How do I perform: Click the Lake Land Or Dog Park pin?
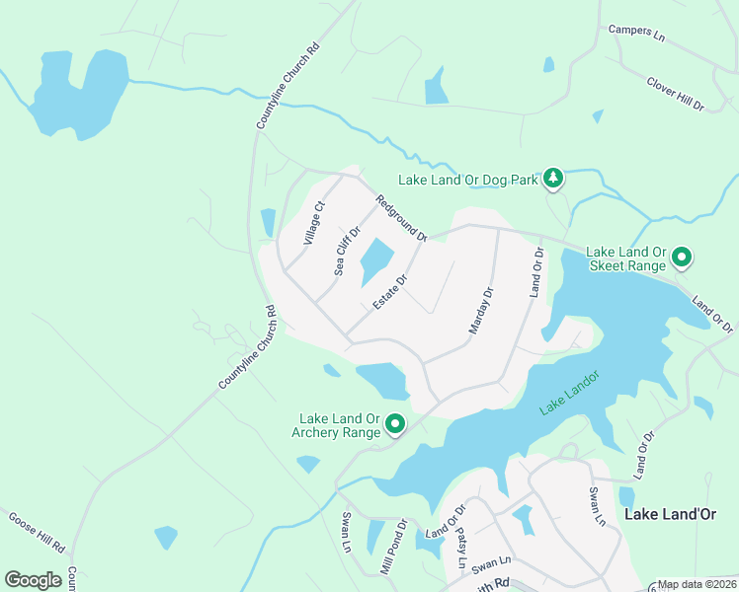[x=554, y=179]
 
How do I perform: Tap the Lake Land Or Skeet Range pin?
[x=681, y=259]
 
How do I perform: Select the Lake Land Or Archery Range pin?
[x=395, y=425]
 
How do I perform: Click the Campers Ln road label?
[x=636, y=32]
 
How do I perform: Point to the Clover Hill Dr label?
[x=675, y=93]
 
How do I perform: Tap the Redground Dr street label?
[x=400, y=218]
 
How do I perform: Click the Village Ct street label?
[x=314, y=223]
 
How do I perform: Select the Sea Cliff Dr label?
[x=345, y=250]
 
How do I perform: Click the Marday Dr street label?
[x=480, y=310]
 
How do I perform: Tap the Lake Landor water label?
[x=570, y=395]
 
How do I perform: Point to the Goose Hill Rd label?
[x=37, y=531]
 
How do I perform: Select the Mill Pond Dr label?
[x=393, y=548]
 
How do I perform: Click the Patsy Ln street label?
[x=461, y=549]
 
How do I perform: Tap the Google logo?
[x=33, y=579]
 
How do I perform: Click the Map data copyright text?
[x=697, y=584]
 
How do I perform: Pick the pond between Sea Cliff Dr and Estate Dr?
[x=376, y=260]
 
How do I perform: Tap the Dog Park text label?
[x=467, y=180]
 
